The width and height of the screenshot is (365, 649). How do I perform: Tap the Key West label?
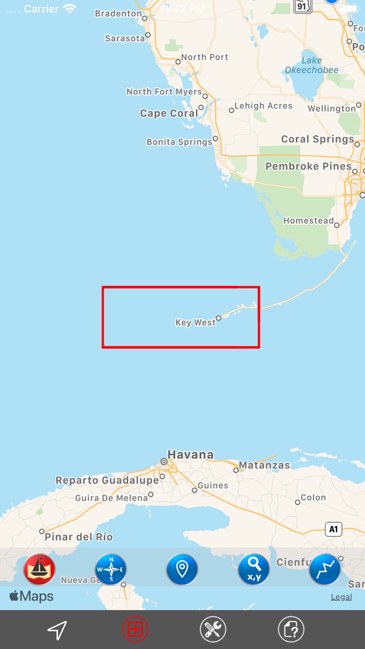196,322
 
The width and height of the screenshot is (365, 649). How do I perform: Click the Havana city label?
190,455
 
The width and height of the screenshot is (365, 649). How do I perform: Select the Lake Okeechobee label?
312,65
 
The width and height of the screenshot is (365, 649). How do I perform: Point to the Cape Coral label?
169,113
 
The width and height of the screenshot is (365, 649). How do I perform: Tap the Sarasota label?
125,38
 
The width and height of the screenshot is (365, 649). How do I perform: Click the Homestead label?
308,221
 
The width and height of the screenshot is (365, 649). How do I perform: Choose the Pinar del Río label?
79,537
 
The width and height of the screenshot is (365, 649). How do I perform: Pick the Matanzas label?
264,465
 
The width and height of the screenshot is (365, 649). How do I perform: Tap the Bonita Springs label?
179,142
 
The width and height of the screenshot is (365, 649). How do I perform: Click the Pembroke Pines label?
309,166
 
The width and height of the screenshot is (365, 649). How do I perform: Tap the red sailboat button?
40,569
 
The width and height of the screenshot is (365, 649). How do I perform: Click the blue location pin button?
182,569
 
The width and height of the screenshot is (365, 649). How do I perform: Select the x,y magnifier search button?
254,569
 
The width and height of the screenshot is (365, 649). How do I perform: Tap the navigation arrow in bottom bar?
57,630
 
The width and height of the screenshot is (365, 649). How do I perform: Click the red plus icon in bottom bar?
135,630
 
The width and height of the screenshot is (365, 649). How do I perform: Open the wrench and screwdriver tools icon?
213,630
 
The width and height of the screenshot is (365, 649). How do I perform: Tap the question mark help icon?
291,630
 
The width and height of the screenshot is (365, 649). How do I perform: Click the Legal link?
341,597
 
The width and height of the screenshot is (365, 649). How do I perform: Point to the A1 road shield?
334,529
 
